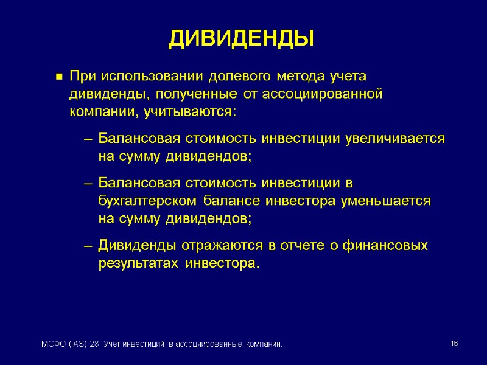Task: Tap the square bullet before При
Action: click(x=59, y=77)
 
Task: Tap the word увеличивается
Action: click(x=394, y=139)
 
